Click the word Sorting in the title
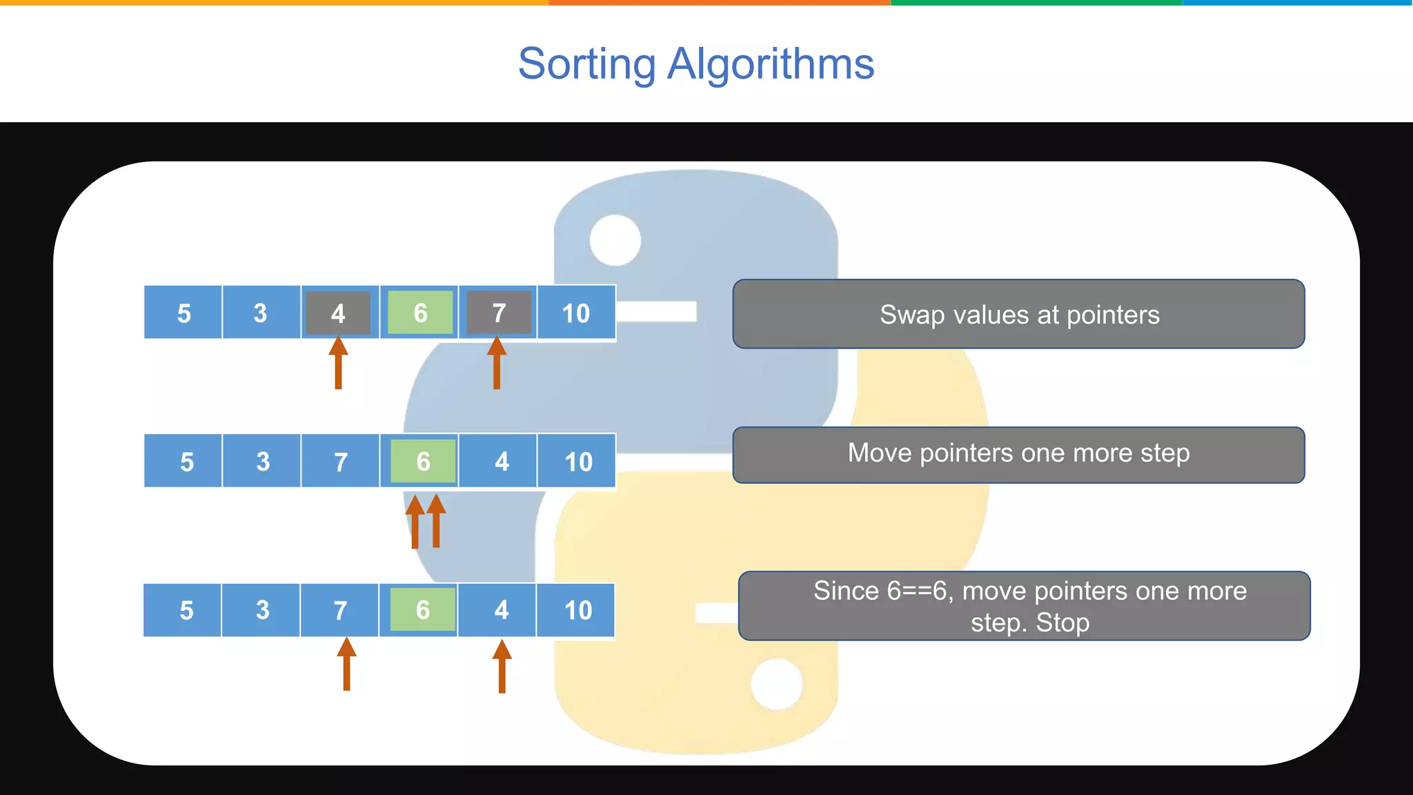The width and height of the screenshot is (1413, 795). (586, 64)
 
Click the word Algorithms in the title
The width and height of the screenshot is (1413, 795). (771, 64)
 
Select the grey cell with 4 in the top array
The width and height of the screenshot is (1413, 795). (338, 313)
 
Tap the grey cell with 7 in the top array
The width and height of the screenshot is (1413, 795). (499, 313)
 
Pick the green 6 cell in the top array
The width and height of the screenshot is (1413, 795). (420, 313)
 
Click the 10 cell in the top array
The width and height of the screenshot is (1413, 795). (575, 313)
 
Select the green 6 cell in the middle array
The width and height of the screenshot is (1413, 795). (423, 461)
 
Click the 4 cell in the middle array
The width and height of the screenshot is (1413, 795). (502, 461)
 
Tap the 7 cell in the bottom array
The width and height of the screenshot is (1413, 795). (340, 610)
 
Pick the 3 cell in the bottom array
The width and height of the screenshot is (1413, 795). (262, 610)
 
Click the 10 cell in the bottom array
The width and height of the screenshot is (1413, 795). (577, 610)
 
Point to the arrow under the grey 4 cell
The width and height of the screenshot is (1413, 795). (338, 364)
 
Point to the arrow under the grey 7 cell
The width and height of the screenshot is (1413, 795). (497, 364)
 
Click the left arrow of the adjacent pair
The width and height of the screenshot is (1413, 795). (415, 522)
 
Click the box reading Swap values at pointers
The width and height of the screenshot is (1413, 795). (1018, 314)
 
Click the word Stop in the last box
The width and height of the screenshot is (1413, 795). (1063, 623)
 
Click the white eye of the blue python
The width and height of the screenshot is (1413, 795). (615, 240)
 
